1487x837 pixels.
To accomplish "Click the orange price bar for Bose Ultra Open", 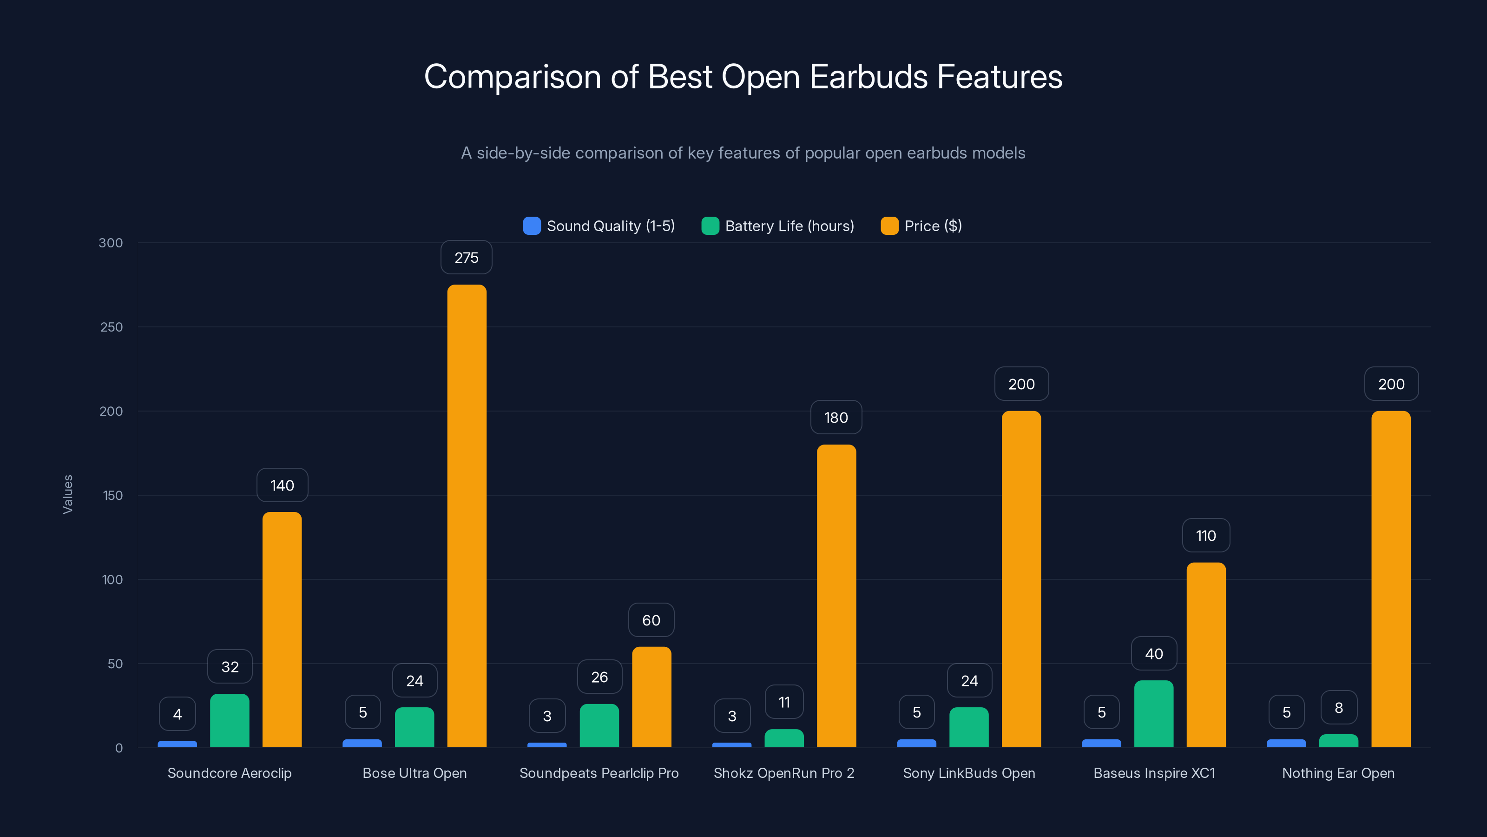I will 467,516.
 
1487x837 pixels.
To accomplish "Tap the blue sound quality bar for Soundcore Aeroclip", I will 177,744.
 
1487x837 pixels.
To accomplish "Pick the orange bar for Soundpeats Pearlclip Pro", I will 651,697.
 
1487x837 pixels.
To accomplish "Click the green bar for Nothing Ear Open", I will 1338,741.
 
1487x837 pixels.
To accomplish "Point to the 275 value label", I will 467,258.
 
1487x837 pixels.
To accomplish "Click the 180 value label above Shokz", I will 836,418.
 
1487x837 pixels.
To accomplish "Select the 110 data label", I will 1206,536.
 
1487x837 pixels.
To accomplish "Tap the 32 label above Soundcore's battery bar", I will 230,667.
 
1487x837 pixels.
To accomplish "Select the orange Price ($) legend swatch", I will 889,226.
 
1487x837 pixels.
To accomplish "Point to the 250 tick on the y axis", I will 112,327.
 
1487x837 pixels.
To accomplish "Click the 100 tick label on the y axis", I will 112,579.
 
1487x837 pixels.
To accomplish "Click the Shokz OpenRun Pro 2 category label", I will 783,773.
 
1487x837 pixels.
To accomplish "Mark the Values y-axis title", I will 67,494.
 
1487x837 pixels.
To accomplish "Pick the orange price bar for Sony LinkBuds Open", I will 1021,579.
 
